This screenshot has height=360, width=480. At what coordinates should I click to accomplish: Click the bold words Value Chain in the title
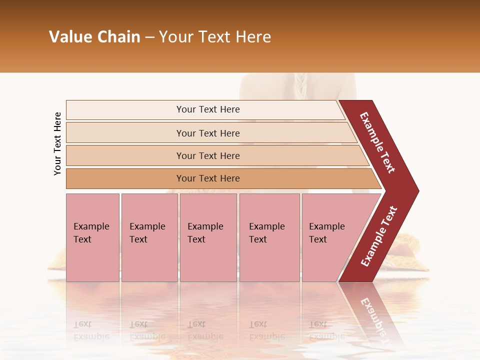(94, 37)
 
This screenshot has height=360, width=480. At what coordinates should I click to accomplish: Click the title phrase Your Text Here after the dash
(215, 37)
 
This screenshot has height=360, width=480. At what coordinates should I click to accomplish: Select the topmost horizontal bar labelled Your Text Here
(208, 109)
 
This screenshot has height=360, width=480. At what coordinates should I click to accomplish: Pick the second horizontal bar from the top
(208, 133)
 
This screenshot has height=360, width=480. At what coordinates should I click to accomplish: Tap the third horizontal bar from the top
(208, 155)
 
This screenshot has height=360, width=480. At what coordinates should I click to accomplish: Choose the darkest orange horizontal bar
(208, 178)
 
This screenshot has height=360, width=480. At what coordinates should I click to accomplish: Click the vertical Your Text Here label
(57, 144)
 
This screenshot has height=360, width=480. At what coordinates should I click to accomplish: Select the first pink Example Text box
(92, 237)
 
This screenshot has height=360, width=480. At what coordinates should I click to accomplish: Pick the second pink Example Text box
(149, 237)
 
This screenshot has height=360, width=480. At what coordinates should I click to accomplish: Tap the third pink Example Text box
(208, 237)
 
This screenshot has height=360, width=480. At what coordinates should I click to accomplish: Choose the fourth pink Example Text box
(269, 237)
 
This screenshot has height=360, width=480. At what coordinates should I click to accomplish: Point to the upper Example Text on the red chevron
(377, 143)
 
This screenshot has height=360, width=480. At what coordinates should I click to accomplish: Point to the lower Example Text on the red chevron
(379, 236)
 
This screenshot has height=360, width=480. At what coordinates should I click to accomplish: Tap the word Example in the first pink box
(91, 226)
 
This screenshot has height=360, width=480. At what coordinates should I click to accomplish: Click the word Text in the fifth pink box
(318, 239)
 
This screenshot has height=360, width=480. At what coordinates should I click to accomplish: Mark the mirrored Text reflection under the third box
(196, 324)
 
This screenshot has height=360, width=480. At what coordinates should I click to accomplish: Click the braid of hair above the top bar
(299, 86)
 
